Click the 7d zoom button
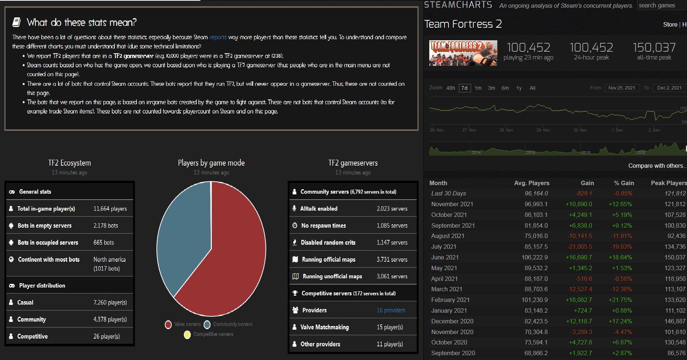pos(464,88)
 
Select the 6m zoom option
pos(505,88)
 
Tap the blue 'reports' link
pos(218,37)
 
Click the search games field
pos(661,6)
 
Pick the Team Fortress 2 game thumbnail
pos(463,53)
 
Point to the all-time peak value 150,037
pos(654,48)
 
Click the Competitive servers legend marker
pos(187,334)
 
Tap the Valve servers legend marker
pos(168,325)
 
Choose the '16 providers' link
pos(391,310)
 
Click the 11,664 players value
pos(110,209)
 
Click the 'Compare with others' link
pos(656,166)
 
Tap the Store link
pos(670,25)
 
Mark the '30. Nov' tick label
pos(580,130)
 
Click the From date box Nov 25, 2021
pos(622,88)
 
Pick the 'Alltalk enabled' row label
pos(319,209)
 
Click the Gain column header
pos(587,183)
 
